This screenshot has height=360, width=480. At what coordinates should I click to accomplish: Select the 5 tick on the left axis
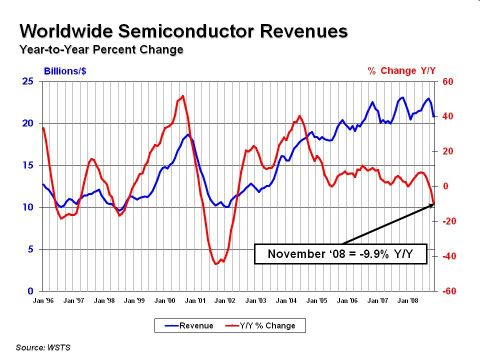tap(32, 250)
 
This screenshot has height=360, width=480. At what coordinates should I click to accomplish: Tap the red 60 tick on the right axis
tap(449, 82)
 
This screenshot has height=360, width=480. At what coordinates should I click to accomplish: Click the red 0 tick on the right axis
tap(446, 187)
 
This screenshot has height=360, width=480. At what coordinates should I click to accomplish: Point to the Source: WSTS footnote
tap(44, 346)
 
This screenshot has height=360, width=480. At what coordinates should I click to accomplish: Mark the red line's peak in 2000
tap(182, 96)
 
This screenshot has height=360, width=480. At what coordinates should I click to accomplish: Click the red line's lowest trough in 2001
tap(216, 264)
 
